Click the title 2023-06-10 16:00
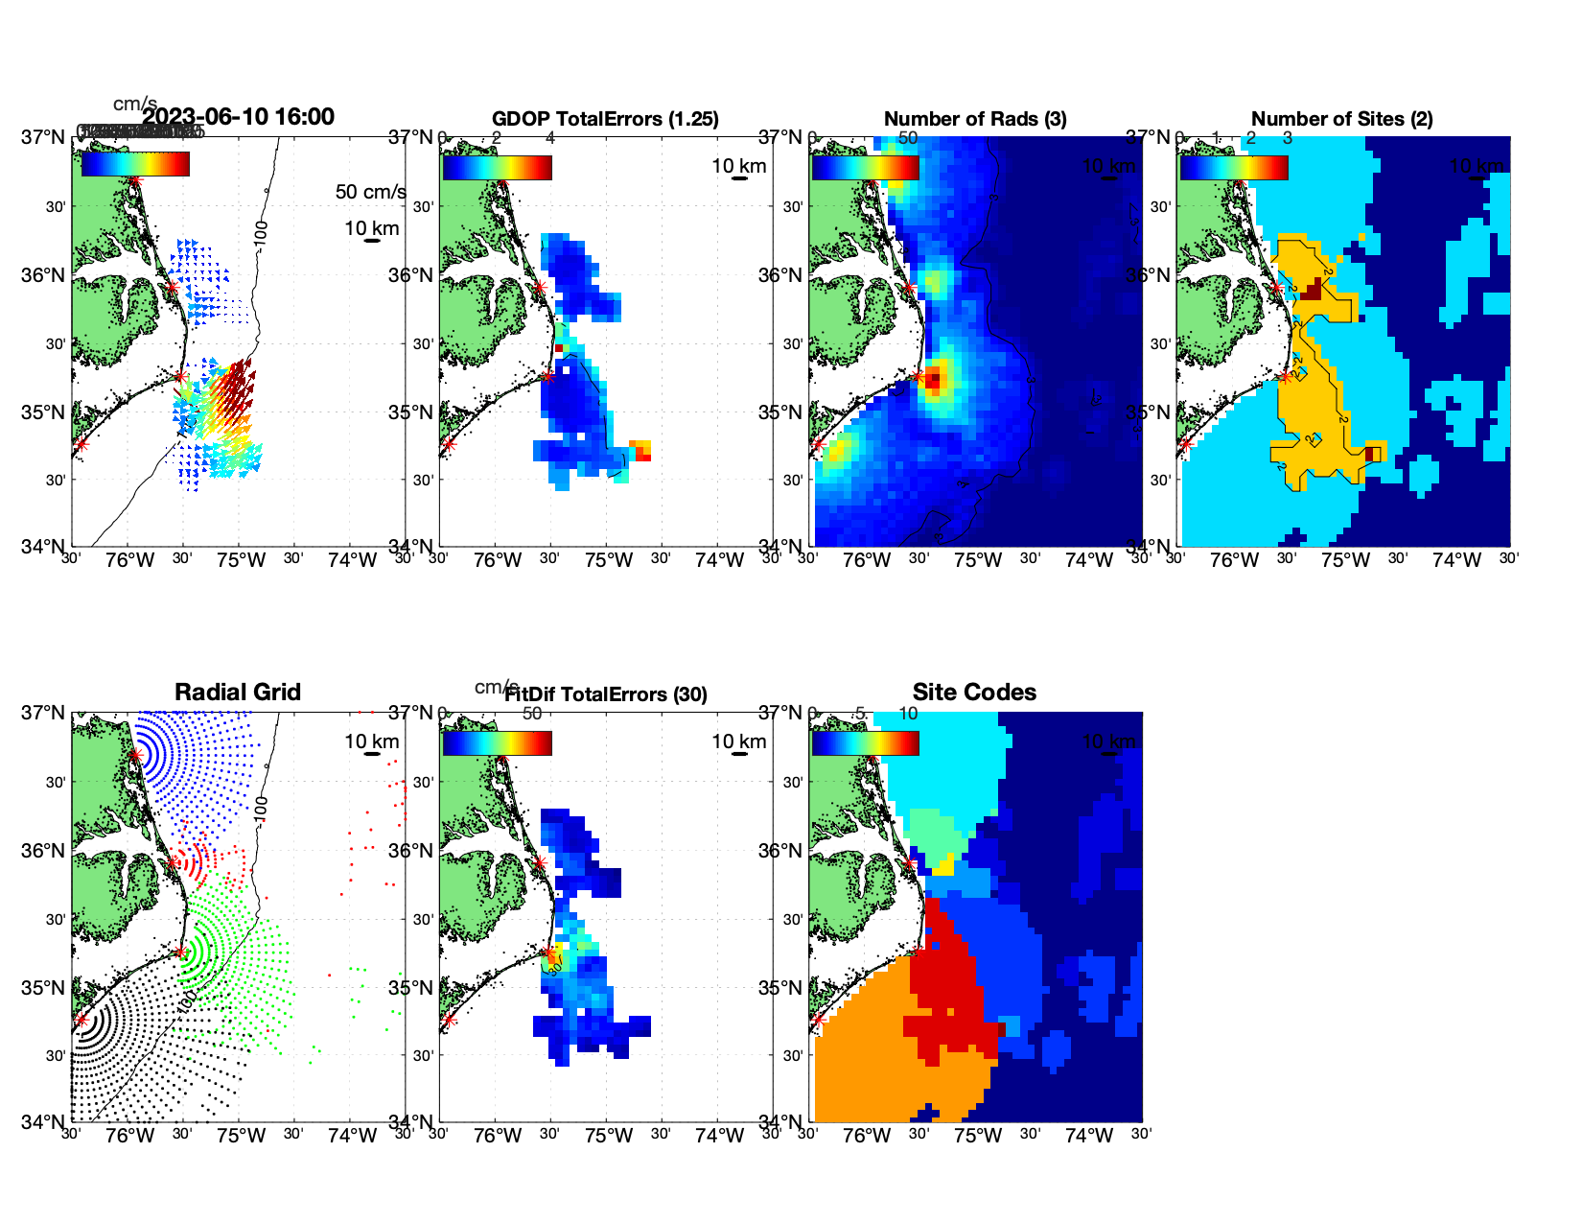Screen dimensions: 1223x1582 (238, 117)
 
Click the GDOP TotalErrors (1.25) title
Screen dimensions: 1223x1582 (605, 119)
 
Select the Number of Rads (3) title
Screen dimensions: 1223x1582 (975, 119)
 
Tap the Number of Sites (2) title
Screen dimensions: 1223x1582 (1342, 119)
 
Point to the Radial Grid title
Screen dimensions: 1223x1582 (238, 693)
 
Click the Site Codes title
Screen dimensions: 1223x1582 (974, 693)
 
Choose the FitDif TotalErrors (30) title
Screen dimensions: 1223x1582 (606, 694)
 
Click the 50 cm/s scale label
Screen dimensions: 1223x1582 (370, 192)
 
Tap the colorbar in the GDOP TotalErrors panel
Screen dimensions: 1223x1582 (497, 167)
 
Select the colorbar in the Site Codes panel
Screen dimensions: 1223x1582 (865, 742)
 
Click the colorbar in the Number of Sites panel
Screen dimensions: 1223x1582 (1233, 167)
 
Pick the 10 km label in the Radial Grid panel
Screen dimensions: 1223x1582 (372, 741)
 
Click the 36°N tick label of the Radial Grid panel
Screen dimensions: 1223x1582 (43, 851)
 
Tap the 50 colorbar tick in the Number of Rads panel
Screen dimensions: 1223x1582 (907, 138)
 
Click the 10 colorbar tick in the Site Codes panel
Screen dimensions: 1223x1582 (908, 714)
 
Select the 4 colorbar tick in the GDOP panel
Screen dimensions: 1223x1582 (549, 138)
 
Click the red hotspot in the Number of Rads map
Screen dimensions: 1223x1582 (933, 381)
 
